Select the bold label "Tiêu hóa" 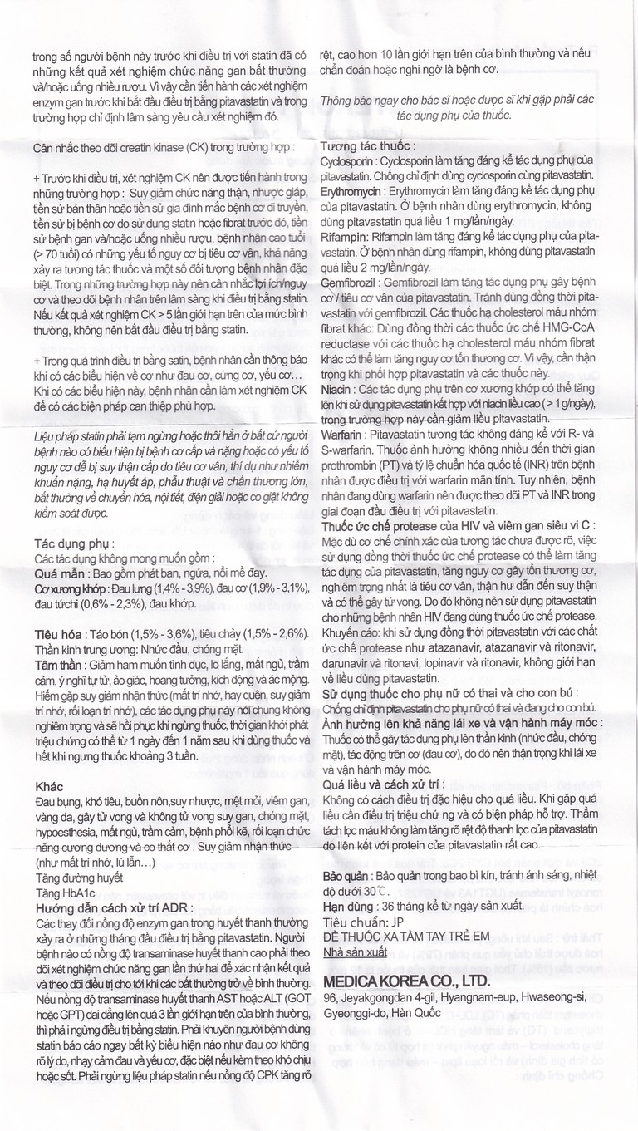click(x=61, y=634)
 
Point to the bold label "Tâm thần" click(x=61, y=665)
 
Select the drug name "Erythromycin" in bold click(x=348, y=191)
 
